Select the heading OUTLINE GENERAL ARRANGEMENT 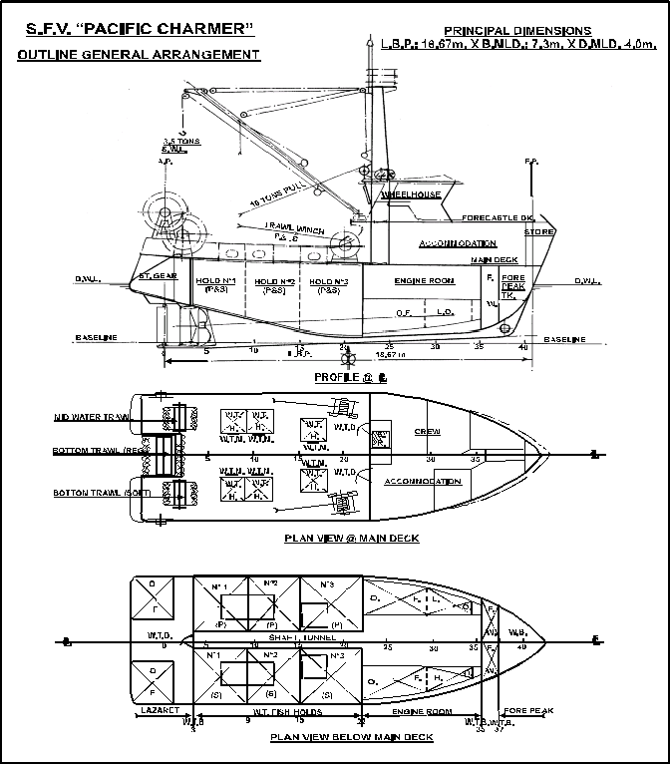139,55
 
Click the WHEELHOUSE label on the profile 411,196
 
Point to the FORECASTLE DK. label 499,217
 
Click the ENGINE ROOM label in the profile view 424,281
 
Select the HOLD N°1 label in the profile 215,281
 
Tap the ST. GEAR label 158,275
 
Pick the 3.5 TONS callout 181,141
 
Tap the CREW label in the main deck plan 428,431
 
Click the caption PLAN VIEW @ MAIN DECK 351,539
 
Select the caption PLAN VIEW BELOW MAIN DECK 351,738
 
